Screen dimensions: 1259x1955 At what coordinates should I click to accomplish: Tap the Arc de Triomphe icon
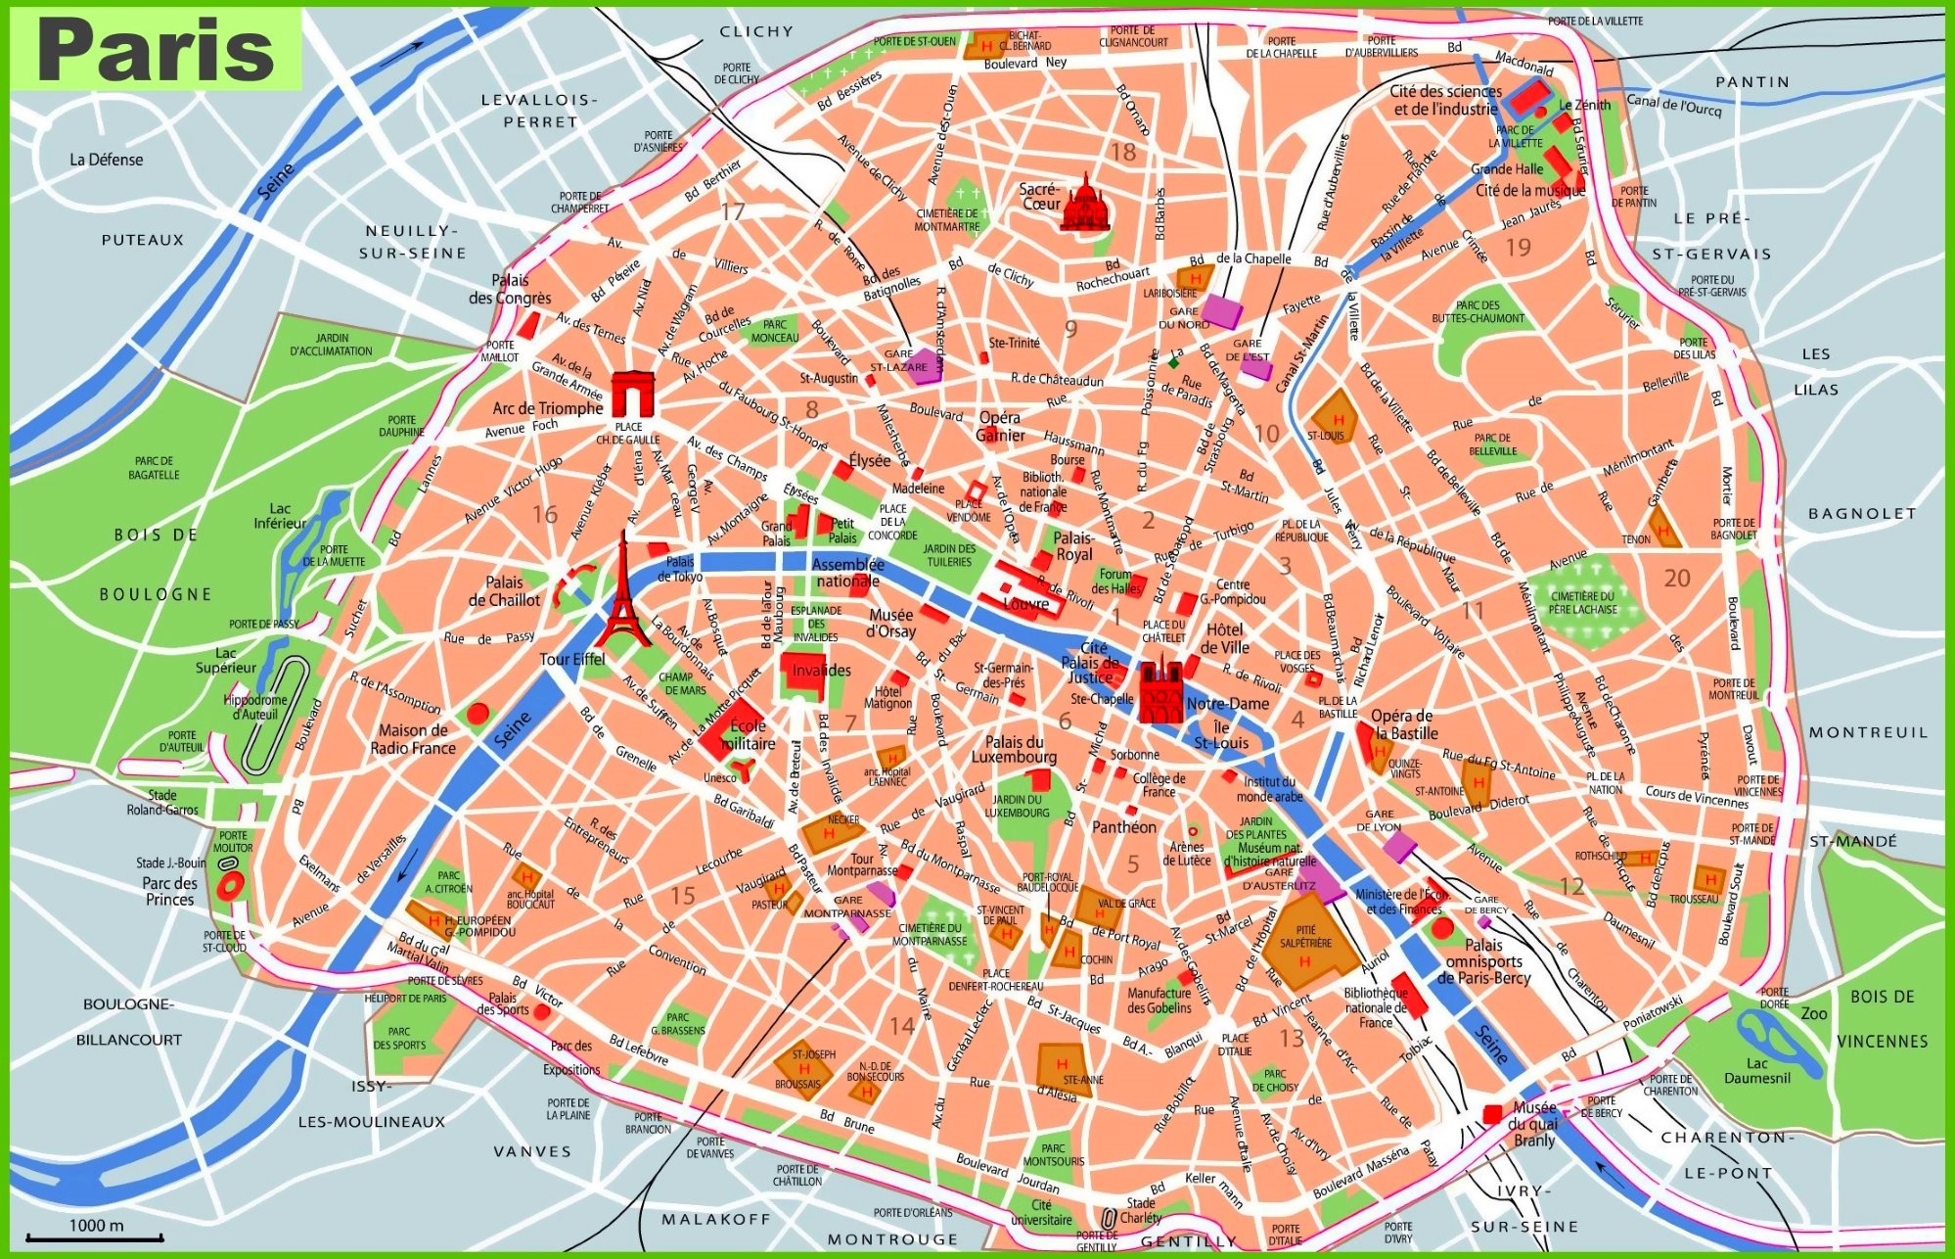pos(633,395)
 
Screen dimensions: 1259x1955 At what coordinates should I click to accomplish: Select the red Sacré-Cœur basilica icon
pos(1085,204)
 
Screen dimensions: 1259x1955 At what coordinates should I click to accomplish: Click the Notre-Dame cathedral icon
pos(1160,691)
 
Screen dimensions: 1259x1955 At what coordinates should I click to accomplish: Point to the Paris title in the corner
pos(157,51)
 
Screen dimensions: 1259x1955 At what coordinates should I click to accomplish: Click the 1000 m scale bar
pos(94,1237)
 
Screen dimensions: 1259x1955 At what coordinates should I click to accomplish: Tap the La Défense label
pos(106,160)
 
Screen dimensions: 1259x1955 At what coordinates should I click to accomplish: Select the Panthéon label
pos(1123,827)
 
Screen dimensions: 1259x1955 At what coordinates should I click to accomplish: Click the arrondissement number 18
pos(1122,152)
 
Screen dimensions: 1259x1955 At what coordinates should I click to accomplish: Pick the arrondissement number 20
pos(1676,579)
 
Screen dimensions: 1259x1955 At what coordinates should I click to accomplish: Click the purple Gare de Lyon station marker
pos(1399,846)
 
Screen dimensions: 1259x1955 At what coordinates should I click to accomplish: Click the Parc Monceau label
pos(774,331)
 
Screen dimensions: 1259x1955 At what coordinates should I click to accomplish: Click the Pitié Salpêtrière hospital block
pos(1305,940)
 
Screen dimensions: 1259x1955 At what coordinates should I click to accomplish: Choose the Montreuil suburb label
pos(1867,732)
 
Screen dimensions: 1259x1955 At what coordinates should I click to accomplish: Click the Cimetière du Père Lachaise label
pos(1582,602)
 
